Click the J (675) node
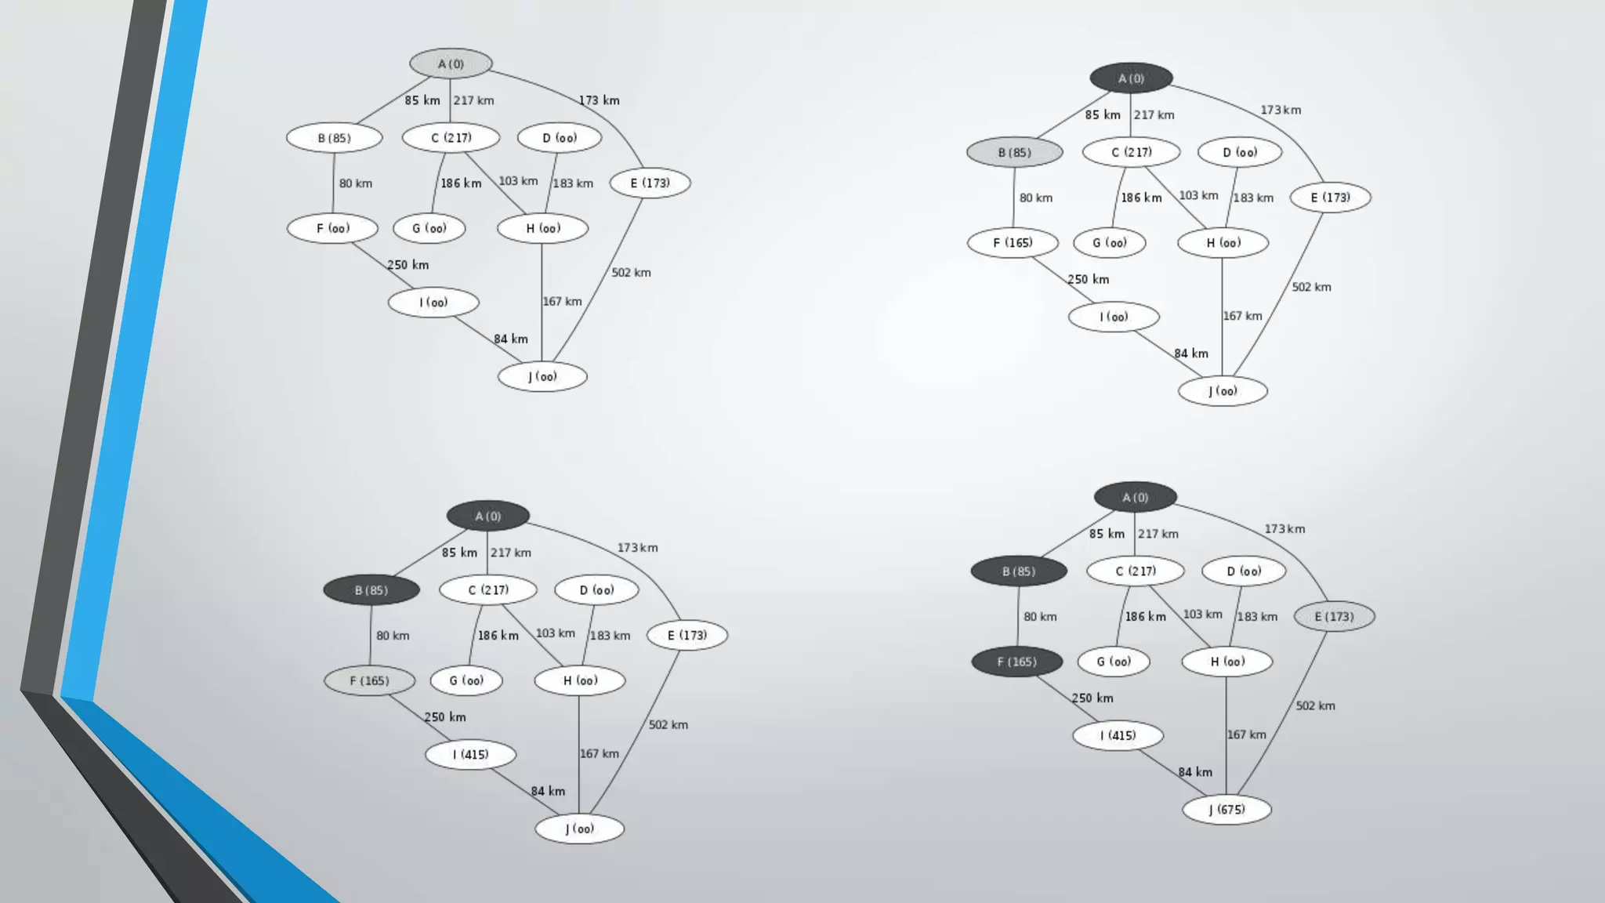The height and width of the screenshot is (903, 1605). (x=1226, y=810)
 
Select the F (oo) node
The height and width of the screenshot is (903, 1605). (x=332, y=228)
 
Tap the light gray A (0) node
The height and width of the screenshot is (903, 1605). (x=451, y=63)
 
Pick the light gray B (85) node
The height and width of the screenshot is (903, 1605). (x=1014, y=152)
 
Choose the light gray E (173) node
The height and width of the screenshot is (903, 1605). (x=1334, y=617)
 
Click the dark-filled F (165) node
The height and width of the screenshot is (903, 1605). (x=1016, y=662)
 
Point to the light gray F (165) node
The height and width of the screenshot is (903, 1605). (x=369, y=680)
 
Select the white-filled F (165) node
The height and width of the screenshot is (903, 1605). (x=1013, y=243)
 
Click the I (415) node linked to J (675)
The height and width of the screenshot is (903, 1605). (x=1118, y=735)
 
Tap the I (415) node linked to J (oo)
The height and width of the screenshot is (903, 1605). (x=470, y=754)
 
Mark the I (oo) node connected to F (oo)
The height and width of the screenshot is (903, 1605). (x=433, y=303)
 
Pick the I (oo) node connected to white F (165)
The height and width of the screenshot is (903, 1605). (x=1114, y=317)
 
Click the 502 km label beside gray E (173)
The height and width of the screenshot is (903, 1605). (x=1315, y=705)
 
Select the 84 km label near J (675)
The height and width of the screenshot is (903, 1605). (x=1195, y=772)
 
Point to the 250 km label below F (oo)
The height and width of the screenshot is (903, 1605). (x=408, y=265)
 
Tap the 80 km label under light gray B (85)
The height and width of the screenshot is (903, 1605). (x=1035, y=198)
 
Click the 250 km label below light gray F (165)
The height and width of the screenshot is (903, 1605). (x=445, y=717)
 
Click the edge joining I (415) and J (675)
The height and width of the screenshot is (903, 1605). (x=1172, y=772)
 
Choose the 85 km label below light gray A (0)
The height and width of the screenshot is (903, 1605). (x=422, y=100)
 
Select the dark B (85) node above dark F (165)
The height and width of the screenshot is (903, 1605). (x=1018, y=571)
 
